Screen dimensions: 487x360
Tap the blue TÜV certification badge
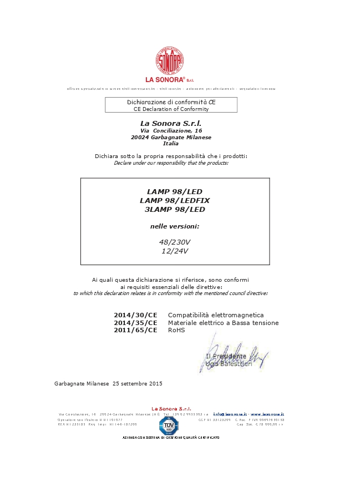coord(169,425)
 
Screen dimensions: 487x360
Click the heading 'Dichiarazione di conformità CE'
coord(171,102)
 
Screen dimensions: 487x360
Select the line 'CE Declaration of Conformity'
coord(171,109)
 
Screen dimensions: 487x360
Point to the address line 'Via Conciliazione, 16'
coord(171,130)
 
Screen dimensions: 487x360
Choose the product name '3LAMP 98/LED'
coord(175,210)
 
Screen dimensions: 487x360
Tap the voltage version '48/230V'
coord(175,242)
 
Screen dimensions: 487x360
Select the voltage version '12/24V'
coord(175,251)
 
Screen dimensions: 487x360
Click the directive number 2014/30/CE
coord(135,315)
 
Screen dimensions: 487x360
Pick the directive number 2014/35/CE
coord(135,323)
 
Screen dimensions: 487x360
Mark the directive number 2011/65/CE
coord(135,330)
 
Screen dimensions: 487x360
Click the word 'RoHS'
coord(176,330)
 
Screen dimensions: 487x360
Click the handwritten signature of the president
coord(233,355)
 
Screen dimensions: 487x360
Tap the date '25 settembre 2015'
coord(138,383)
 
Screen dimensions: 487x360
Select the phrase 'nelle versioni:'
coord(175,226)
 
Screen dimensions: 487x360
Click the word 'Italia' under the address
coord(171,144)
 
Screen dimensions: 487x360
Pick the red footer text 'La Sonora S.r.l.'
coord(171,409)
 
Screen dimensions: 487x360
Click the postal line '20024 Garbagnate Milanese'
coord(171,137)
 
